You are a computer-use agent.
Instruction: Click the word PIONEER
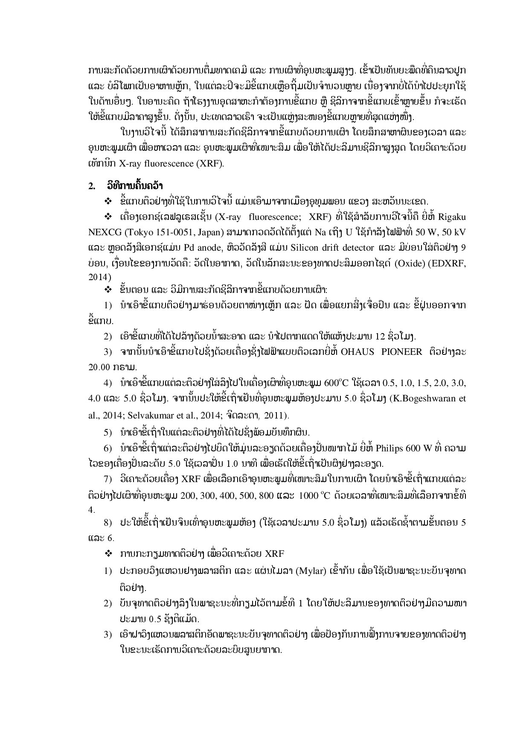pyautogui.click(x=401, y=352)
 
